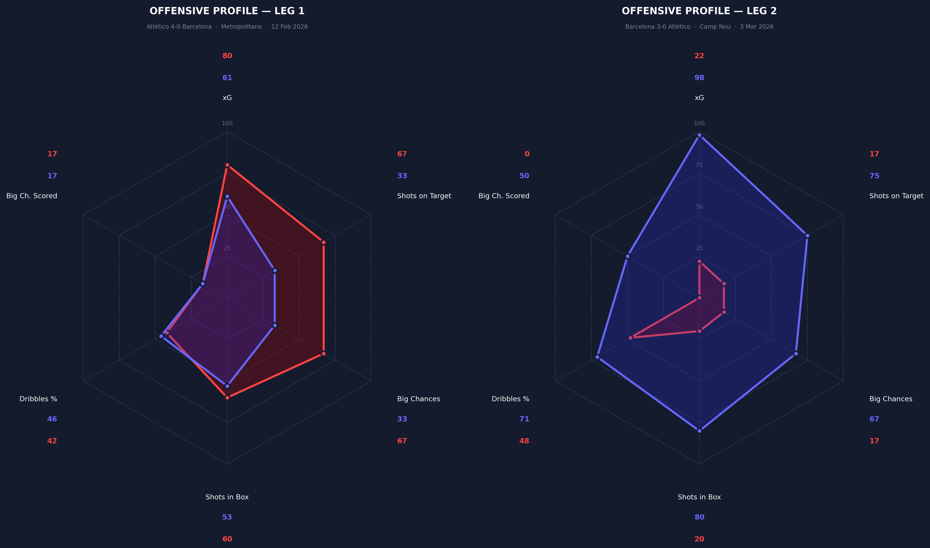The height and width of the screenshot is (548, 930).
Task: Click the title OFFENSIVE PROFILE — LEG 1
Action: (227, 11)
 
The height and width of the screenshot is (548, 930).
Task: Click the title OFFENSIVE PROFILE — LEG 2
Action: (699, 11)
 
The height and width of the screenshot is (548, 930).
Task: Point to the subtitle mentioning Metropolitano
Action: (227, 27)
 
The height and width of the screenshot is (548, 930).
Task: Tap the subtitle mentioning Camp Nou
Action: (699, 27)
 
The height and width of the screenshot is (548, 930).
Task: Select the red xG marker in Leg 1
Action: (227, 165)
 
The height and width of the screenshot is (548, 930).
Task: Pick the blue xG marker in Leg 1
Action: (227, 196)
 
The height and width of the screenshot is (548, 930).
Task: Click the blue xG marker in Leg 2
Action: (699, 135)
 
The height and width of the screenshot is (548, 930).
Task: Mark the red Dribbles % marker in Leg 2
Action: (630, 338)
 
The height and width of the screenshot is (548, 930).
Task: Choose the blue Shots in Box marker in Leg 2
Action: (699, 431)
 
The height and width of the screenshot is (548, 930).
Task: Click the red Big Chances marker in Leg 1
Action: (323, 354)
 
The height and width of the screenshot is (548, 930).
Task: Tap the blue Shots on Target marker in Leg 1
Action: (275, 270)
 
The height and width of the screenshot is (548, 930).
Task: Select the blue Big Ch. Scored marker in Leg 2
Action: (627, 256)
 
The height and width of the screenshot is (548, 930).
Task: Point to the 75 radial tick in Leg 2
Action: (699, 165)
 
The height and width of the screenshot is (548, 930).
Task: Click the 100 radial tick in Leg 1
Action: (227, 123)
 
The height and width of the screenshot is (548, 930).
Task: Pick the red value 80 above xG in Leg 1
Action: (227, 56)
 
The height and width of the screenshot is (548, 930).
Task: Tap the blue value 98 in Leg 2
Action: (699, 78)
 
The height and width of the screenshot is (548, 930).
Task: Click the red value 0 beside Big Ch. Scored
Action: (526, 154)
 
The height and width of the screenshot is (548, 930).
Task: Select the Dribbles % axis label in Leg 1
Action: (38, 399)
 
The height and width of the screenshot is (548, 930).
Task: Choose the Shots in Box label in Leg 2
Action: (699, 497)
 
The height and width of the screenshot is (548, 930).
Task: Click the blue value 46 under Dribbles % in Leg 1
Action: (52, 419)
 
